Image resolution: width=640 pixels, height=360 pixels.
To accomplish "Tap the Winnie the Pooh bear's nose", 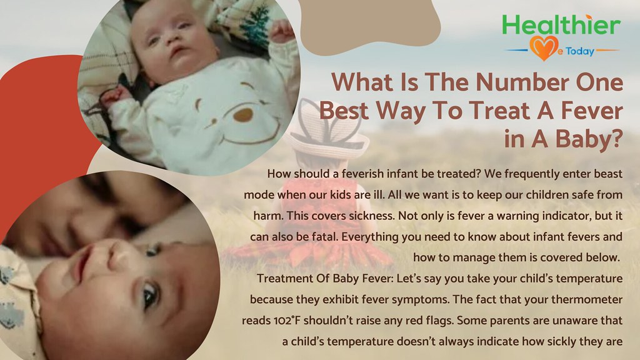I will pyautogui.click(x=243, y=114).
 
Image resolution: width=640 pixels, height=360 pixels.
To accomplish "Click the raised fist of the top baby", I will pyautogui.click(x=282, y=31).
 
